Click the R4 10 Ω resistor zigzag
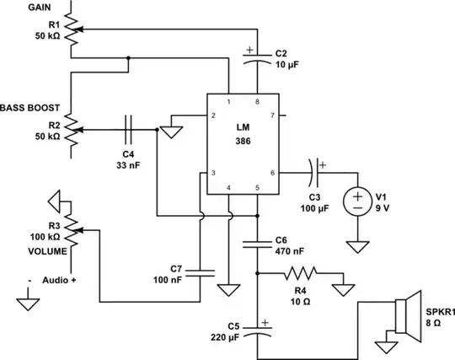[301, 274]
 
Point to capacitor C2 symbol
[258, 60]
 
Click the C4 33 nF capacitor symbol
[128, 130]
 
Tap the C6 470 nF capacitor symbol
[258, 245]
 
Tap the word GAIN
[18, 6]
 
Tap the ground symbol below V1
[358, 246]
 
